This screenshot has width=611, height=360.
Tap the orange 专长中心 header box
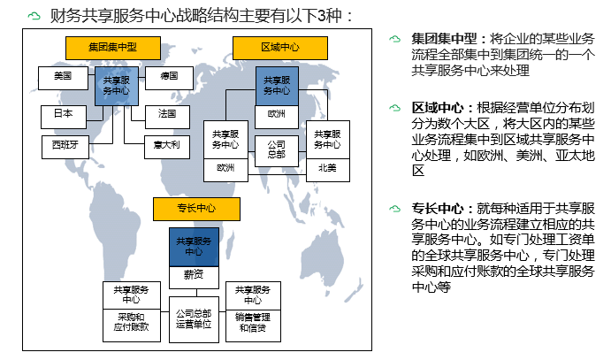[x=196, y=209]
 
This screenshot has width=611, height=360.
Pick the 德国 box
[x=170, y=78]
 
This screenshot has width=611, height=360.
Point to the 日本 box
[x=63, y=116]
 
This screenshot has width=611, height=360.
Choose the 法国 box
[x=167, y=114]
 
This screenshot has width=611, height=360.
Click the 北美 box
[x=327, y=168]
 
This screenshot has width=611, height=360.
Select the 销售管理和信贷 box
[x=253, y=322]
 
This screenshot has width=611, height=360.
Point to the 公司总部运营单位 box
[x=193, y=319]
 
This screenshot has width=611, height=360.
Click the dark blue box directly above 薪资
[x=194, y=246]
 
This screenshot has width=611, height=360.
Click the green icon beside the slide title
[x=34, y=15]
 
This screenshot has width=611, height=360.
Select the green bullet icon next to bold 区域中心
[x=394, y=107]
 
